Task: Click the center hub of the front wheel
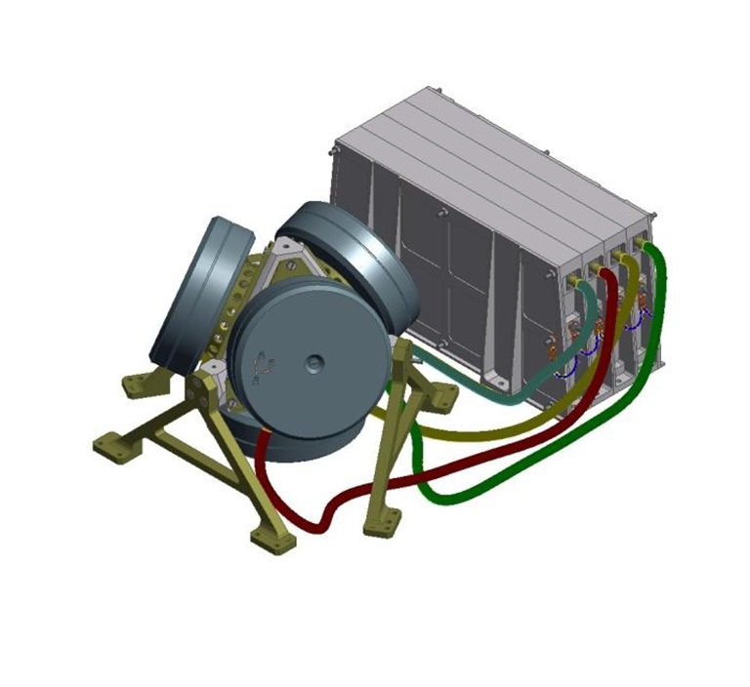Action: point(314,364)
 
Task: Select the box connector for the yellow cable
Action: point(620,256)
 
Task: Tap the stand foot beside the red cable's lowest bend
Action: point(269,537)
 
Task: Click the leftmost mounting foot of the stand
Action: point(110,449)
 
